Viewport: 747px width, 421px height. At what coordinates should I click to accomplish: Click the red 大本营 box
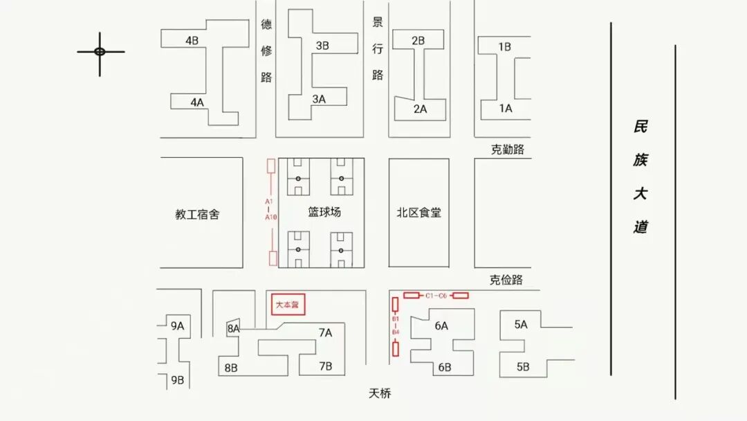pyautogui.click(x=288, y=305)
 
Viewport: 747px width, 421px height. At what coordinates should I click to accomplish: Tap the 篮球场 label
pyautogui.click(x=324, y=213)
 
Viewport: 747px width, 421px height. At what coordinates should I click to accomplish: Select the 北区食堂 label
pyautogui.click(x=419, y=213)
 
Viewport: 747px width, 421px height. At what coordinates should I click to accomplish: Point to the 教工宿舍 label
pyautogui.click(x=197, y=215)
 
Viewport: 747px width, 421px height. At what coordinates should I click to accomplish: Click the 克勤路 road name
pyautogui.click(x=508, y=150)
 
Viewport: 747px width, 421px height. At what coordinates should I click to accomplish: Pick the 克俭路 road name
pyautogui.click(x=506, y=280)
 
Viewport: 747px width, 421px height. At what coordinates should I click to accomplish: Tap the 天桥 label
pyautogui.click(x=380, y=393)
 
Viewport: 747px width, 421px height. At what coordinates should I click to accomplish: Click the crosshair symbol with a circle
pyautogui.click(x=100, y=52)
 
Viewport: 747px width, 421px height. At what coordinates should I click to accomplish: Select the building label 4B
pyautogui.click(x=192, y=41)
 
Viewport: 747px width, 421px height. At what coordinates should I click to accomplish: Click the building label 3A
pyautogui.click(x=318, y=99)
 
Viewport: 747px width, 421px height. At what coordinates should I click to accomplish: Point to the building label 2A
pyautogui.click(x=420, y=109)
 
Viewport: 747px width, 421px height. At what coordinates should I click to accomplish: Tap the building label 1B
pyautogui.click(x=504, y=47)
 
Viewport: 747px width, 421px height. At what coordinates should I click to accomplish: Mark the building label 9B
pyautogui.click(x=178, y=379)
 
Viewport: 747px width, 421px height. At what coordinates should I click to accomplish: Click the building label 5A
pyautogui.click(x=521, y=324)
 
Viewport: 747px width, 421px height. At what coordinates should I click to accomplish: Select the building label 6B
pyautogui.click(x=444, y=368)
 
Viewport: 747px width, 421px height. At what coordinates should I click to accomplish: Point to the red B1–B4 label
pyautogui.click(x=396, y=325)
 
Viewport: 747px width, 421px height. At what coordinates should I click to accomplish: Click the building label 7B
pyautogui.click(x=325, y=366)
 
